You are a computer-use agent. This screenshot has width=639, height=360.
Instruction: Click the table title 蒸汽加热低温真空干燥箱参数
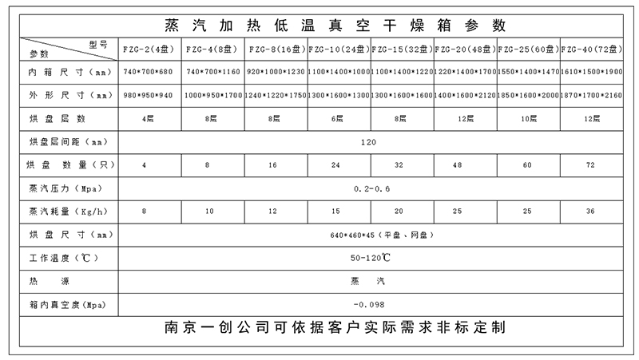[x=334, y=25]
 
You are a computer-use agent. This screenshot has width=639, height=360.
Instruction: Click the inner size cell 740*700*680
[x=146, y=73]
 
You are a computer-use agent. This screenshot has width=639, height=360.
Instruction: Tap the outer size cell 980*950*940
[x=146, y=96]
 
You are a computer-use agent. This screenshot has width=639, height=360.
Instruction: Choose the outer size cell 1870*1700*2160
[x=592, y=96]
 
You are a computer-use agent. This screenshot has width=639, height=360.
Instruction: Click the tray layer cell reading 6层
[x=339, y=119]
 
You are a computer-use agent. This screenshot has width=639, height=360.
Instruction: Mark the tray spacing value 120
[x=369, y=142]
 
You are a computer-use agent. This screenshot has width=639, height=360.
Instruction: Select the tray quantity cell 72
[x=592, y=165]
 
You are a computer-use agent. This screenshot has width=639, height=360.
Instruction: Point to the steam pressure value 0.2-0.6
[x=369, y=188]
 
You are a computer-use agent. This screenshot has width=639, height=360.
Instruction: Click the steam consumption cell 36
[x=592, y=212]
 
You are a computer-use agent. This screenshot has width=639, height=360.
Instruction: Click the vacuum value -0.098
[x=369, y=306]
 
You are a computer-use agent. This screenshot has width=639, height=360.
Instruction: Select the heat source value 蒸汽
[x=369, y=283]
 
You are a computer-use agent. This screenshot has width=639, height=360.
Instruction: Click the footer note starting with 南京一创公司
[x=334, y=328]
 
